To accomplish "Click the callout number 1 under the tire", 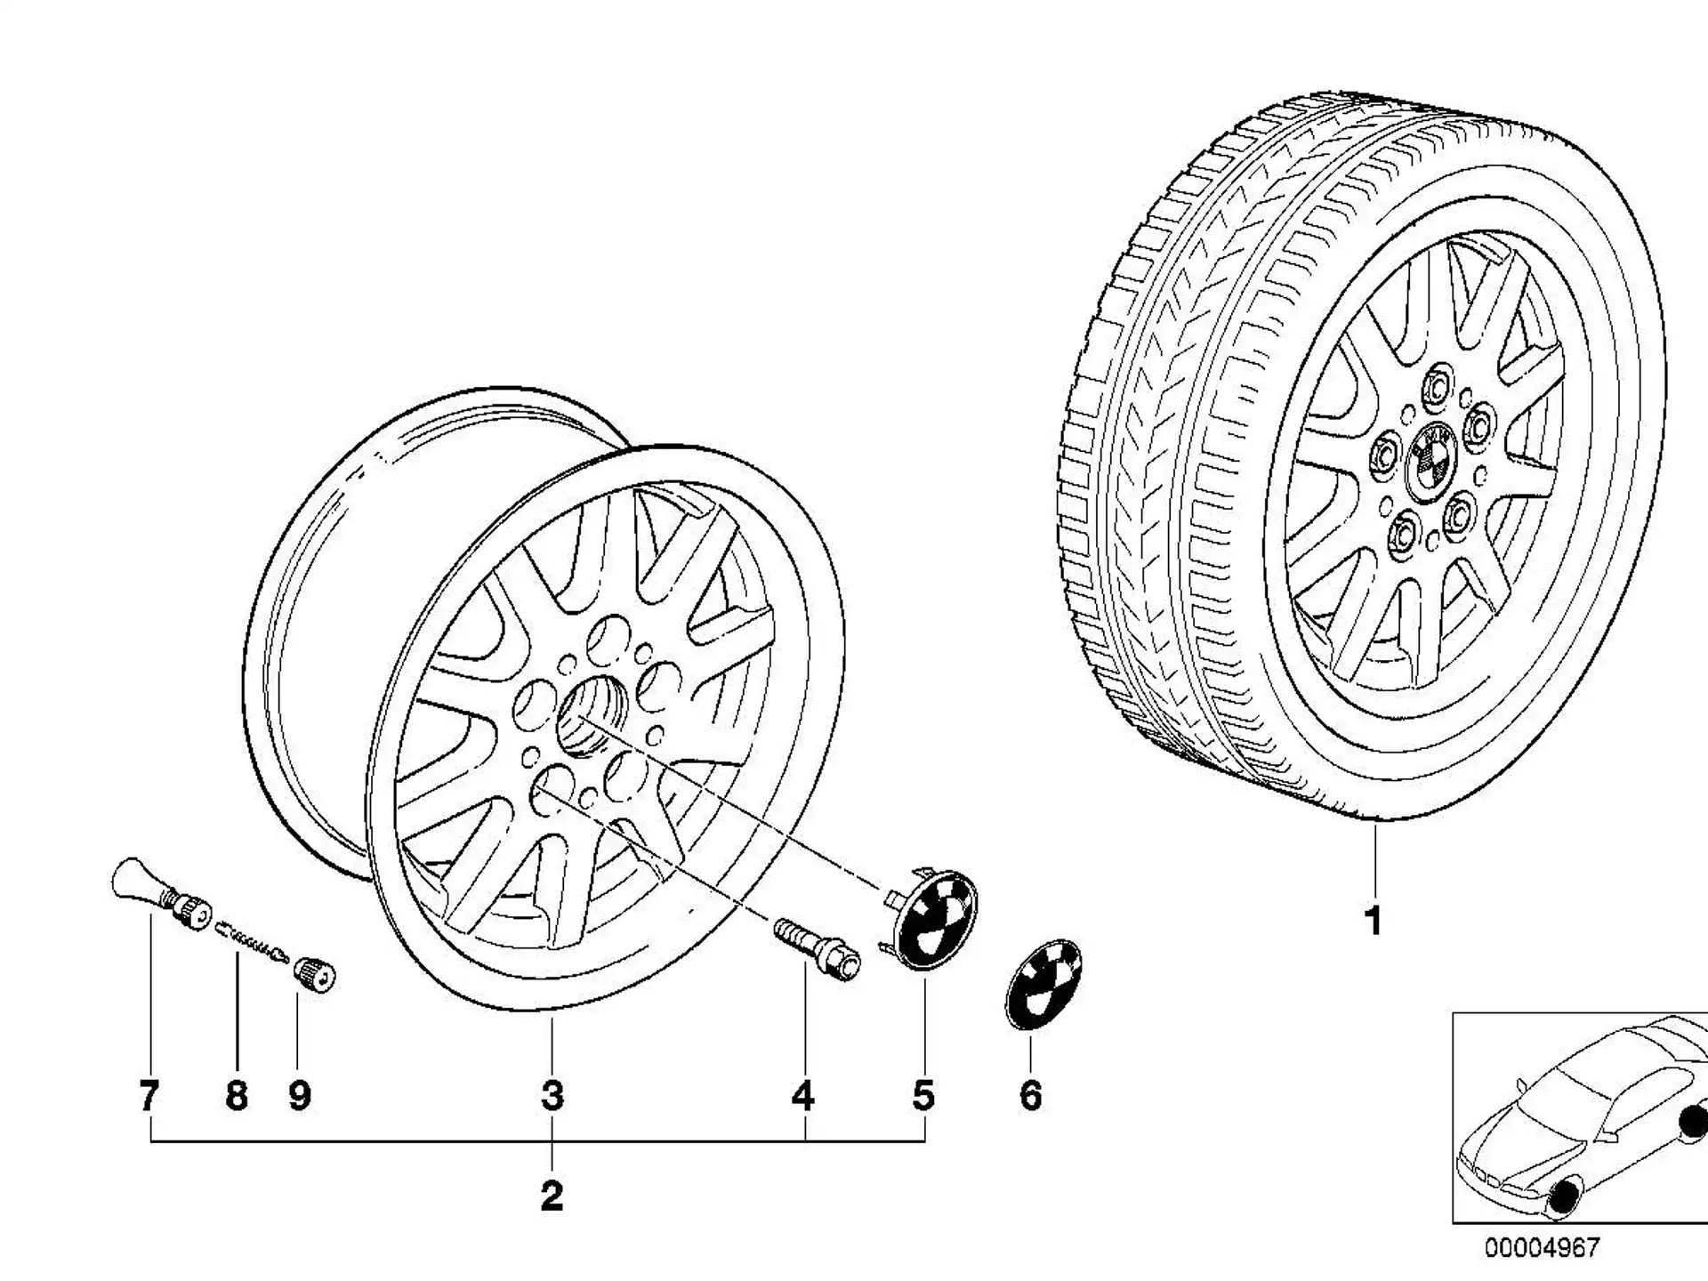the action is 1374,922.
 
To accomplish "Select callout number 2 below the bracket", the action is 552,1196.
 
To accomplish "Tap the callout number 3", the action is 552,1095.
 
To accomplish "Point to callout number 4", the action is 803,1095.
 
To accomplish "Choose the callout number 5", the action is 923,1095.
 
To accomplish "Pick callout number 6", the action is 1030,1095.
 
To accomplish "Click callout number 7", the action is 149,1095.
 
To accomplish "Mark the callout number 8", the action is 236,1095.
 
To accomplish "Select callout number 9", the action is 300,1095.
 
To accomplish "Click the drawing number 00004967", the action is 1541,1247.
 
